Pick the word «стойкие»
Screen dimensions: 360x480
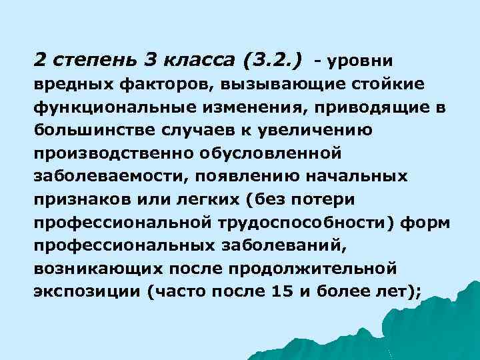(394, 86)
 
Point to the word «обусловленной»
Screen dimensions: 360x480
(270, 154)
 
